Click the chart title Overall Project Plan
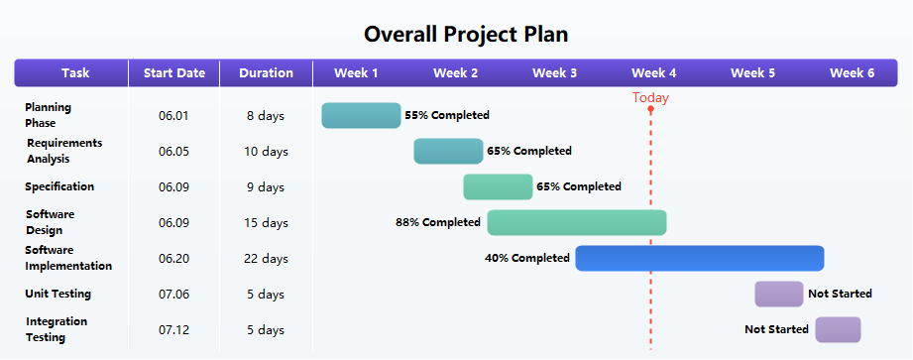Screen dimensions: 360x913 pos(466,34)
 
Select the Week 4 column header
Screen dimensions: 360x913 pos(654,72)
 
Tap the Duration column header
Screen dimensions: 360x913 pos(267,72)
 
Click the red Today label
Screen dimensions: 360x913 pos(650,97)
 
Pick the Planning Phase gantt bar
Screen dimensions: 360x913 pos(361,115)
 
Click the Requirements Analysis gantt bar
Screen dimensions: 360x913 pos(448,151)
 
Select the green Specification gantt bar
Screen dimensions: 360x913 pos(498,186)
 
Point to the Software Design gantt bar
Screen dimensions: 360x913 pos(576,222)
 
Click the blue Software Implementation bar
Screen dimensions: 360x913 pos(700,258)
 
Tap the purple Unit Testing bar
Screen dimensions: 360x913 pos(778,294)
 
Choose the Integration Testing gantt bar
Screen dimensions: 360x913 pos(838,329)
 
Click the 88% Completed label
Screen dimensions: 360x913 pos(438,222)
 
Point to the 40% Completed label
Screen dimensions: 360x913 pos(527,258)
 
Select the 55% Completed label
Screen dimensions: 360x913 pos(447,115)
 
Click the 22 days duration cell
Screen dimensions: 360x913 pos(267,259)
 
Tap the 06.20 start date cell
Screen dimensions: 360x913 pos(173,259)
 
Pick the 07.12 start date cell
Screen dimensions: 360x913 pos(173,330)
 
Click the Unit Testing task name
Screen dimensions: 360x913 pos(58,294)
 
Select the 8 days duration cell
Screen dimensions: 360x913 pos(266,116)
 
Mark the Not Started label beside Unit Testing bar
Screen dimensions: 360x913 pos(840,294)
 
